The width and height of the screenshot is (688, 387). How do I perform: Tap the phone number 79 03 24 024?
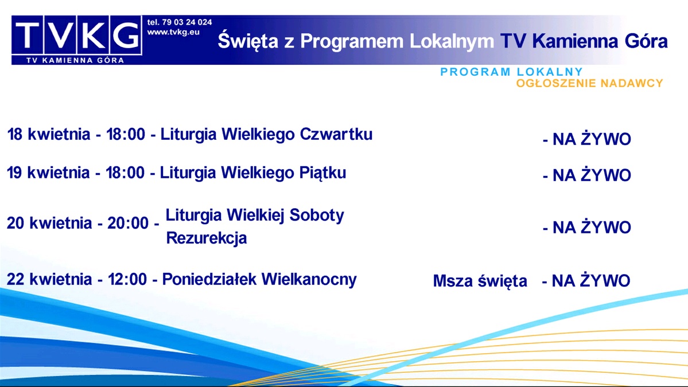(185, 22)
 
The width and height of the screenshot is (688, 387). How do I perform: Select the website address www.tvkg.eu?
(173, 32)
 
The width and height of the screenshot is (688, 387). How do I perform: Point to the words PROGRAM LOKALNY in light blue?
(511, 72)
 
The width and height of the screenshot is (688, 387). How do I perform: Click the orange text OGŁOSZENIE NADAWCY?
(589, 84)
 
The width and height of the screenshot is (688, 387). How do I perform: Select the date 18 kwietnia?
(48, 135)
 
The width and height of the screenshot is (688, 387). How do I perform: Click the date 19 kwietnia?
(48, 173)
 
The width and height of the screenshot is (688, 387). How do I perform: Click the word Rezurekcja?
(207, 238)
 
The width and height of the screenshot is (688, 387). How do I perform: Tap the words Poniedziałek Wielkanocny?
(259, 280)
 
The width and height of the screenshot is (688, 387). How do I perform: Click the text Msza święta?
(480, 282)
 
